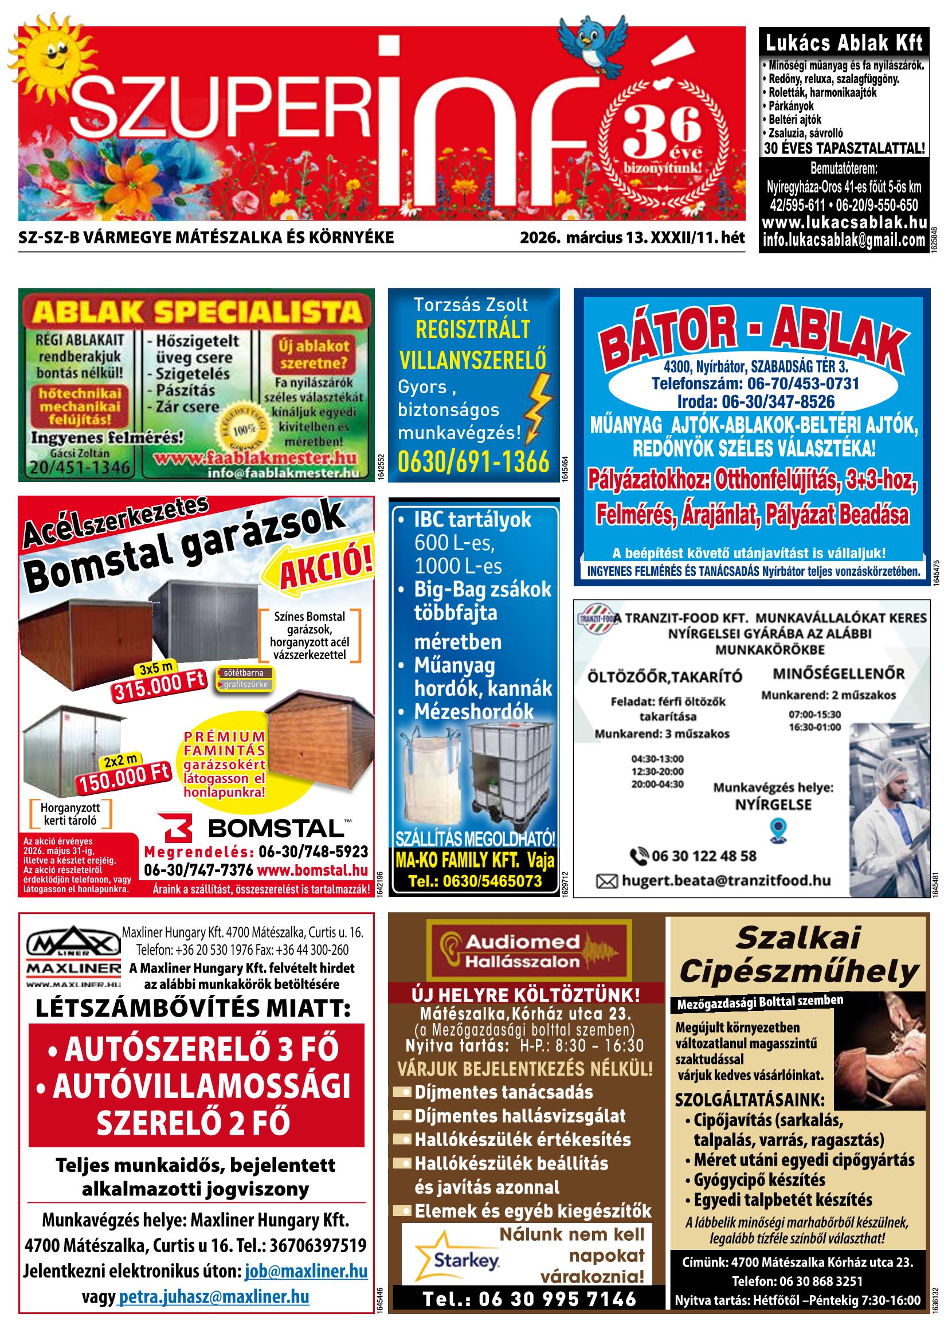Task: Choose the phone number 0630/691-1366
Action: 473,462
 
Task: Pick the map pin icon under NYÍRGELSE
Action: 778,828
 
